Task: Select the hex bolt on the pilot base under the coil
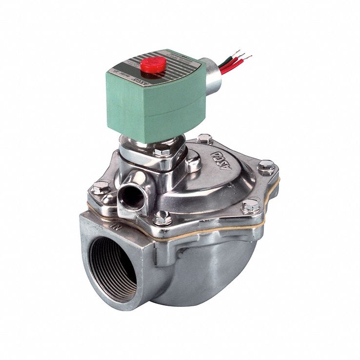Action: point(162,152)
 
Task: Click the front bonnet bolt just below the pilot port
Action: point(162,216)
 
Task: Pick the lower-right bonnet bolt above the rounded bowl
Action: point(251,206)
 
